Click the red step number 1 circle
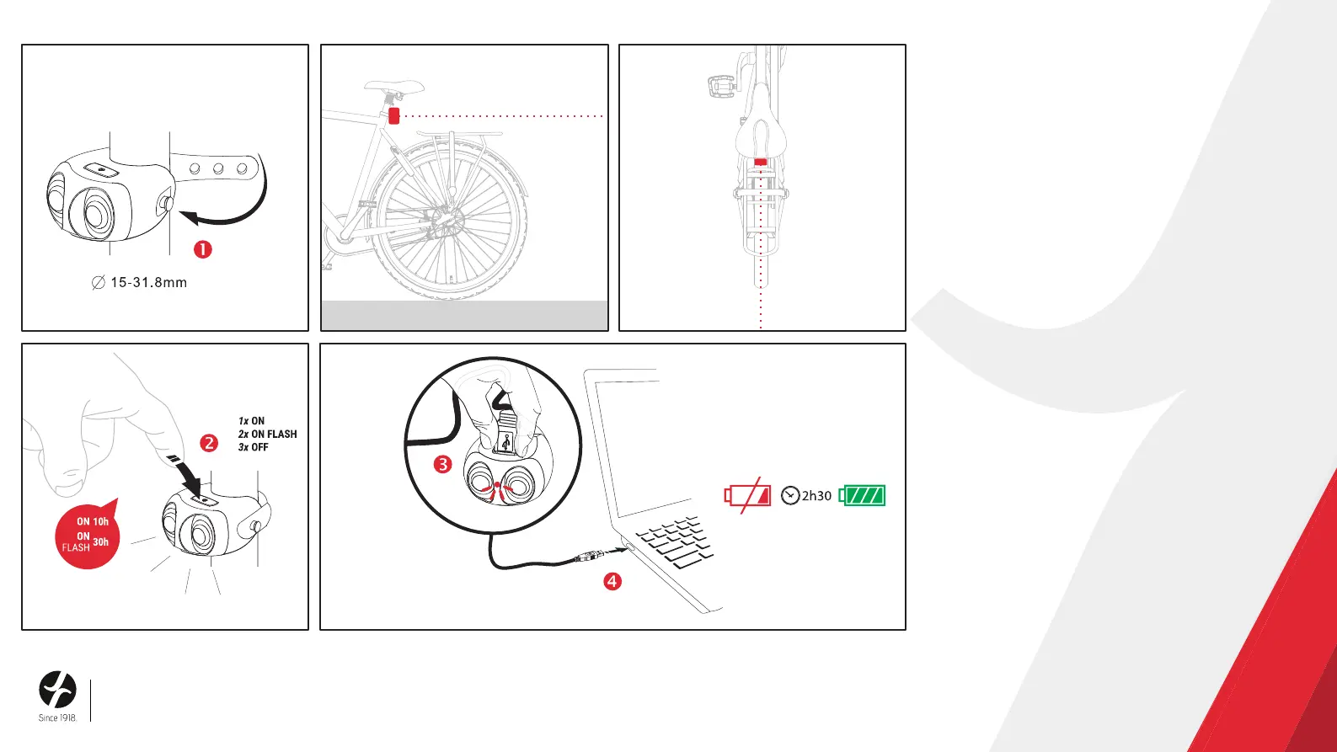tap(203, 249)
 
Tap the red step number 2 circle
tap(209, 443)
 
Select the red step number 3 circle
tap(443, 464)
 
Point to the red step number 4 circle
tap(612, 581)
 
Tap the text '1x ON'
tap(251, 421)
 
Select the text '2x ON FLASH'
tap(267, 434)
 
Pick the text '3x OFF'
tap(253, 447)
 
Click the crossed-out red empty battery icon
tap(747, 495)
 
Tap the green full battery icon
tap(862, 495)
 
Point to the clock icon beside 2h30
tap(790, 495)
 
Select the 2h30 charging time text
tap(816, 495)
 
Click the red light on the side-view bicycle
tap(393, 115)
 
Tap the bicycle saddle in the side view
tap(394, 86)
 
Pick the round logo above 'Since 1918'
tap(58, 690)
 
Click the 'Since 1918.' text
tap(58, 717)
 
